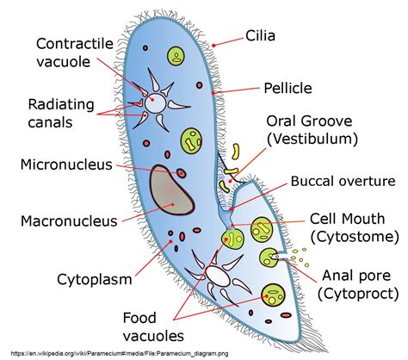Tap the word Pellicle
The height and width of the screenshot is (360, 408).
(x=287, y=87)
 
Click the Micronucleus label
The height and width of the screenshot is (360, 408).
(x=66, y=164)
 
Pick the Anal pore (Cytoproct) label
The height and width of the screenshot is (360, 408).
(x=360, y=285)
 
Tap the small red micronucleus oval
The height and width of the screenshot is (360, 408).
(x=183, y=174)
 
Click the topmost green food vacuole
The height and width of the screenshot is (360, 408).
(x=176, y=58)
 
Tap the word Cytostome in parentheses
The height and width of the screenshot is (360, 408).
(x=355, y=235)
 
